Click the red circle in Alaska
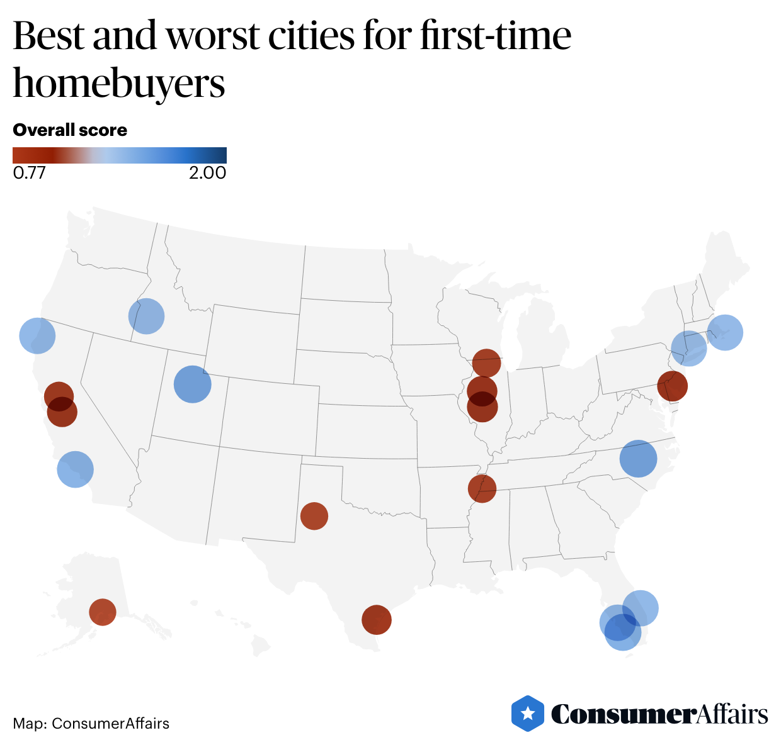pos(103,612)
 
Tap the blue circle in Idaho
pos(146,316)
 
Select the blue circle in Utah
pos(192,384)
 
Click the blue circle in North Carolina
pos(638,459)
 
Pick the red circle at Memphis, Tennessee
pos(482,488)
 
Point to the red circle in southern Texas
pos(377,620)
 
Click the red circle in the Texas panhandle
pos(314,516)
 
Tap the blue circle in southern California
pos(75,469)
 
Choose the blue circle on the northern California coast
pos(38,335)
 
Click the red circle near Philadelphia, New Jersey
pos(672,386)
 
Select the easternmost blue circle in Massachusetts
pos(725,332)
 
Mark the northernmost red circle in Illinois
pos(486,363)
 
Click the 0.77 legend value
pos(29,173)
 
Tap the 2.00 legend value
pos(207,173)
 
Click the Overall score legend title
pos(70,130)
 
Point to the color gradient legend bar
pos(120,155)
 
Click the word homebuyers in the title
pos(119,84)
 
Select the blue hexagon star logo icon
pos(528,714)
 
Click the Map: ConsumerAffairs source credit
pos(91,724)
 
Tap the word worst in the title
pos(213,36)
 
